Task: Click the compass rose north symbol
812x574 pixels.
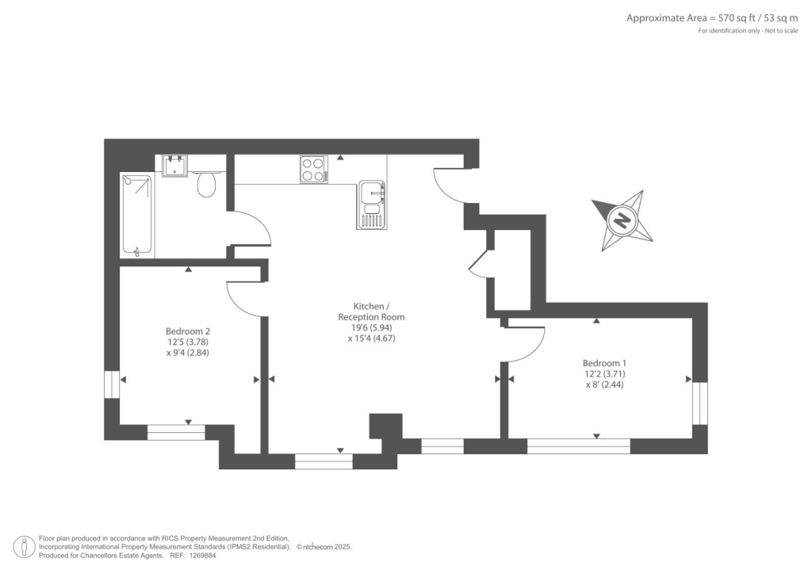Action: [622, 220]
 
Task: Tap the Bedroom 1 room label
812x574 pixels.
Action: [604, 363]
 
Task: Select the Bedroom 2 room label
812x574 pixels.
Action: [187, 331]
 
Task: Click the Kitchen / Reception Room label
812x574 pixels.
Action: [371, 311]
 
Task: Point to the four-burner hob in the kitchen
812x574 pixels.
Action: [313, 170]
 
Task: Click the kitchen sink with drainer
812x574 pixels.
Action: [371, 204]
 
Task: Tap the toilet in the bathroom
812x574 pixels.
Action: [207, 185]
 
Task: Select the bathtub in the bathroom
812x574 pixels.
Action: [137, 215]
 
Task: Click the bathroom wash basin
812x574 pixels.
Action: [174, 166]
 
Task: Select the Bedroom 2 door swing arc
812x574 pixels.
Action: [244, 301]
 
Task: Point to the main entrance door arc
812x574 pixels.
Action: [448, 187]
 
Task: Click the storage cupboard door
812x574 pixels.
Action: [480, 262]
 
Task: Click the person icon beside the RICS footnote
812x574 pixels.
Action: [25, 546]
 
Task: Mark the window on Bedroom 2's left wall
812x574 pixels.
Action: [112, 383]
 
